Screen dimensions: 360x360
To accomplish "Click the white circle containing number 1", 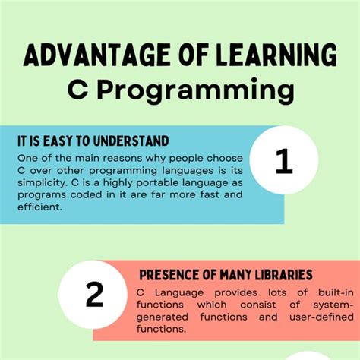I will tap(283, 161).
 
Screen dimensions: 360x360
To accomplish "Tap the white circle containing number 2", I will tap(94, 295).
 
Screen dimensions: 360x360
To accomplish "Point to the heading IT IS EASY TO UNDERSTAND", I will tap(93, 141).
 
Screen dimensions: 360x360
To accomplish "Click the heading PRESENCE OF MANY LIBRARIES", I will tap(226, 274).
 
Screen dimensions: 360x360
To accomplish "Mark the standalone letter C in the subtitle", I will tap(77, 91).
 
